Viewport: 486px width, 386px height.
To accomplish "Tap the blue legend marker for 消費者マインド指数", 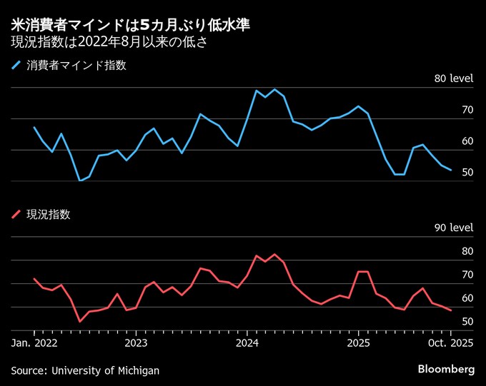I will click(16, 66).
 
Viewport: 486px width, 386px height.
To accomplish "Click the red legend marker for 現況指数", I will click(16, 214).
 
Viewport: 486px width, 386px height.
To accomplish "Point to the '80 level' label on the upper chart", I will click(454, 78).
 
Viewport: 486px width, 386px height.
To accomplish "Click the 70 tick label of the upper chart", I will click(467, 110).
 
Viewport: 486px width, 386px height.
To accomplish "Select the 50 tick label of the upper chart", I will click(467, 173).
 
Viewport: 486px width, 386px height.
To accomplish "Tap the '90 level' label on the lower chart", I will click(454, 228).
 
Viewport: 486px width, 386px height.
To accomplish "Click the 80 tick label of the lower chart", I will click(467, 251).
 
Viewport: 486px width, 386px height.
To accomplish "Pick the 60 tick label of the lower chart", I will click(467, 298).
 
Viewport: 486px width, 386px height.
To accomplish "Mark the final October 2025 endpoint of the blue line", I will click(451, 170).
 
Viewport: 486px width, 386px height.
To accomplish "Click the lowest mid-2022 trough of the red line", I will click(79, 322).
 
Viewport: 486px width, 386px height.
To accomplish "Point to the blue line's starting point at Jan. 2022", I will click(34, 127).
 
